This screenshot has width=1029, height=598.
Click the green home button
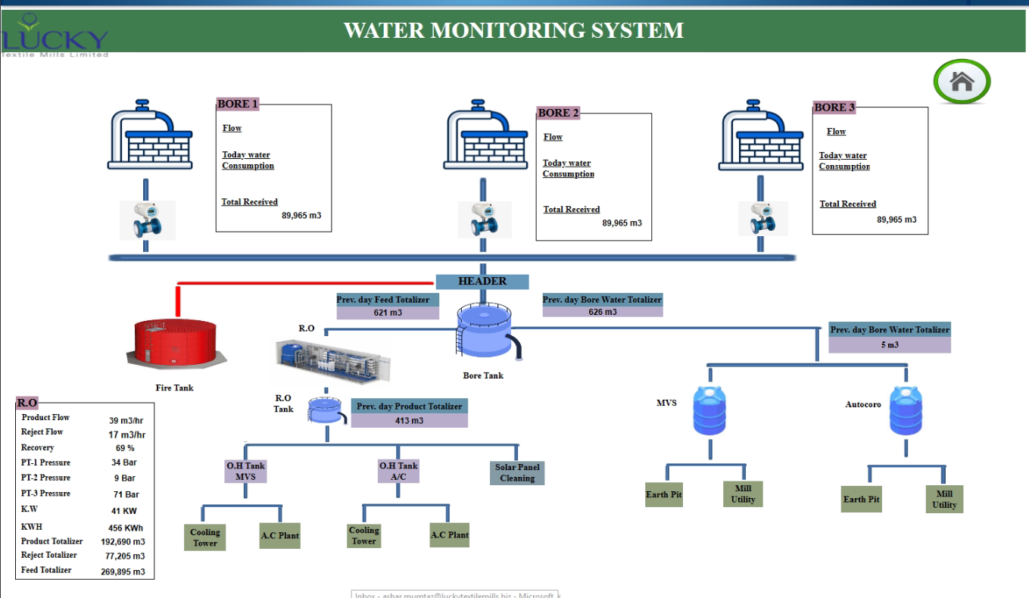coord(962,81)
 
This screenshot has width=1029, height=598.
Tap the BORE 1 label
coord(238,104)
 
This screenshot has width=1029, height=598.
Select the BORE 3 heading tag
coord(834,107)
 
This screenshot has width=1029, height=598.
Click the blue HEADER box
coord(482,282)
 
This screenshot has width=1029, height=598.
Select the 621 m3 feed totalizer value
coord(388,312)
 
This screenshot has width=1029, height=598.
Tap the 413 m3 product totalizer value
coord(409,421)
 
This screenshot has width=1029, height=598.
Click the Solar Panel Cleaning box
coord(517,472)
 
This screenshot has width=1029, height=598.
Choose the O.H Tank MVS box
coord(245,471)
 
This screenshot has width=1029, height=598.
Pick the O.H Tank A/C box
coord(398,471)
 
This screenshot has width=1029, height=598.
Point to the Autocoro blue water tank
coord(906,412)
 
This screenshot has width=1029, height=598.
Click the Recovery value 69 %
coord(125,448)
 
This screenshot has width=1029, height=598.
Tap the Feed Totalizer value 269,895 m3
coord(123,572)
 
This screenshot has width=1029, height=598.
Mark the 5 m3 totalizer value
coord(889,344)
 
